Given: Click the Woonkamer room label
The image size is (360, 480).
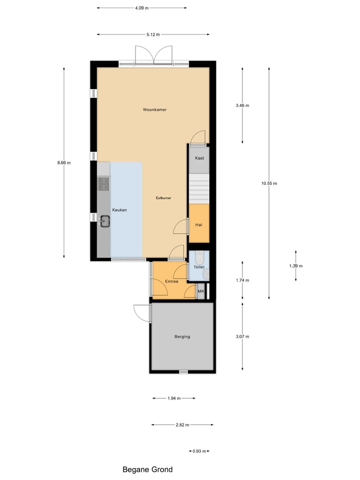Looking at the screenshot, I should point(154,109).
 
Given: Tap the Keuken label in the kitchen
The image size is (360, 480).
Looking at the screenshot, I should point(119,210).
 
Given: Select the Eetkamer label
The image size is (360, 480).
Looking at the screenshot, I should point(163,198).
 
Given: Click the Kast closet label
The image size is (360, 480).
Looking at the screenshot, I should point(199,158).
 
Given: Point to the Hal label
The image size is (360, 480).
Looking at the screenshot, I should point(198,224).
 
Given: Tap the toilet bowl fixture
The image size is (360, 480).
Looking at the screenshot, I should point(199,258).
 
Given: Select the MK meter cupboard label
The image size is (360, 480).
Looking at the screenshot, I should point(201,291).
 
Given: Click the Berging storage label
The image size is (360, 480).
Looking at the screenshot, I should point(182,336).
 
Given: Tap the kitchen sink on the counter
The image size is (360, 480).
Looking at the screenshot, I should point(104,220).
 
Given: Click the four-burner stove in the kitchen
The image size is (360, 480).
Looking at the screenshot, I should point(103,184).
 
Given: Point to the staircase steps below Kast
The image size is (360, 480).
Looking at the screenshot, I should point(198,188).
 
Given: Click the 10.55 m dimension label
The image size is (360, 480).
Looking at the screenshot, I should point(268,183).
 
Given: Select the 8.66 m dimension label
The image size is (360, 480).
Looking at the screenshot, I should point(64,162).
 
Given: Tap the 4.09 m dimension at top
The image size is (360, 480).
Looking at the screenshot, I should point(141,8).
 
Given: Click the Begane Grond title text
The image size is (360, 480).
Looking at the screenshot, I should point(147,469).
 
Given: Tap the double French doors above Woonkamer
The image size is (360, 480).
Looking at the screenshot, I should point(153,55).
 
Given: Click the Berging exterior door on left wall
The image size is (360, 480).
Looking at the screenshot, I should point(142,313).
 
